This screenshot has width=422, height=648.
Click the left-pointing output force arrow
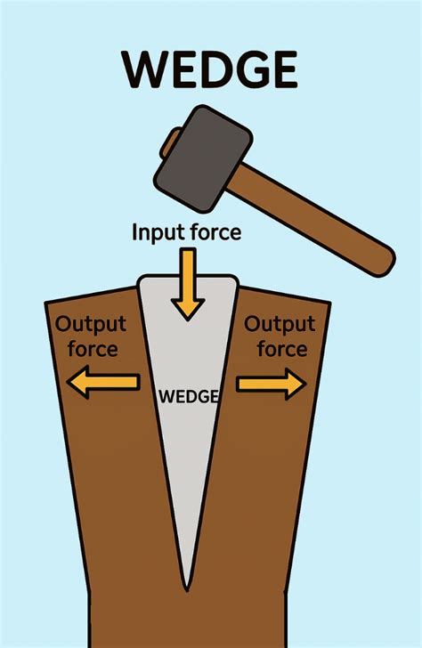(x=102, y=383)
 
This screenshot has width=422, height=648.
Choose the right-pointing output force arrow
(x=272, y=383)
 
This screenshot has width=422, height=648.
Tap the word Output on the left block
(x=91, y=325)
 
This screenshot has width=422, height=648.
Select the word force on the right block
(x=282, y=348)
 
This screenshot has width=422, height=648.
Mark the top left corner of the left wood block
(x=46, y=304)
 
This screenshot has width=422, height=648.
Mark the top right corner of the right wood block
(x=329, y=304)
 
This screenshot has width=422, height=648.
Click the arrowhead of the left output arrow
(x=77, y=383)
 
